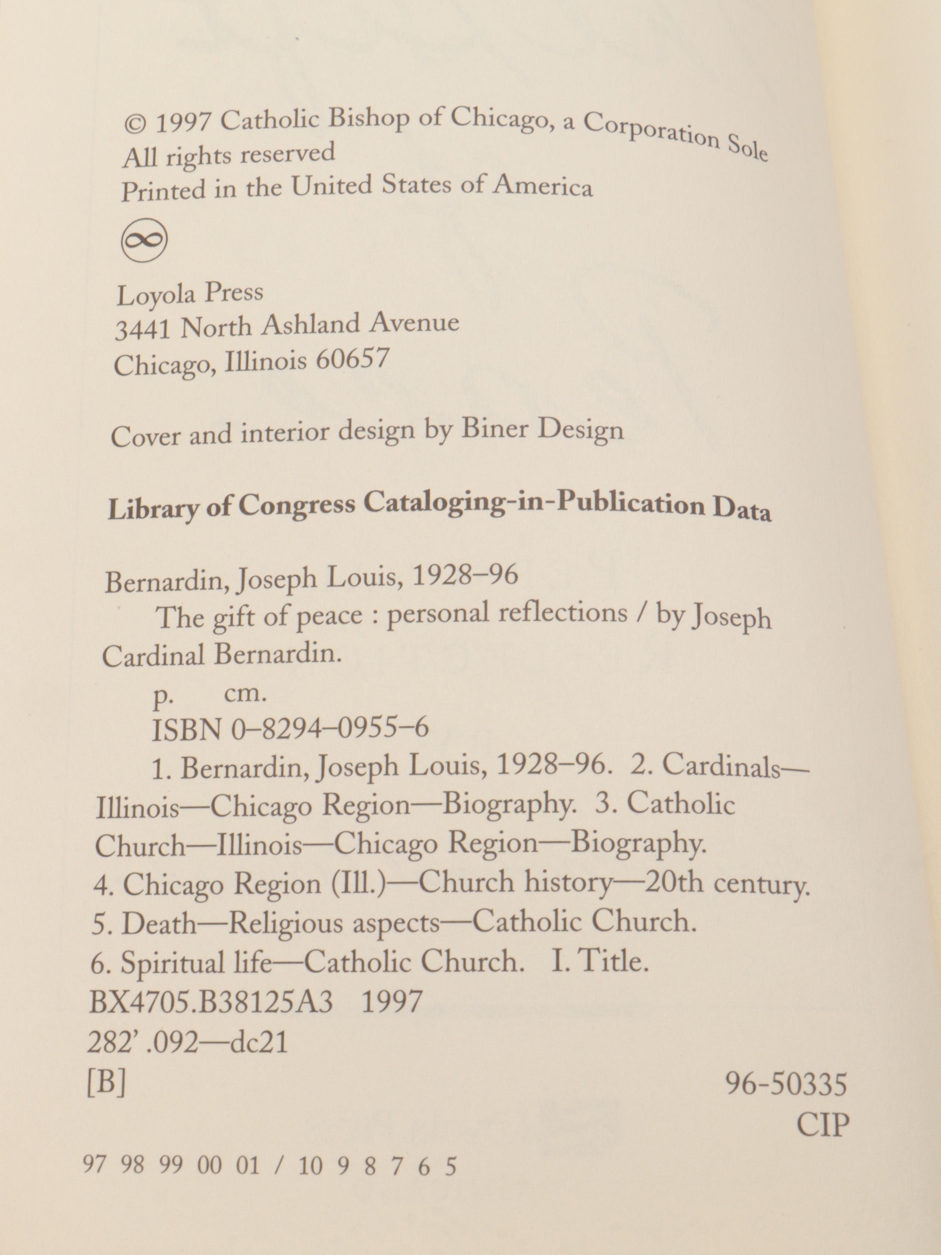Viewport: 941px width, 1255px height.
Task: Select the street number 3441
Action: pyautogui.click(x=143, y=329)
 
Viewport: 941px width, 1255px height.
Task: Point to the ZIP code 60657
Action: pyautogui.click(x=352, y=359)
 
